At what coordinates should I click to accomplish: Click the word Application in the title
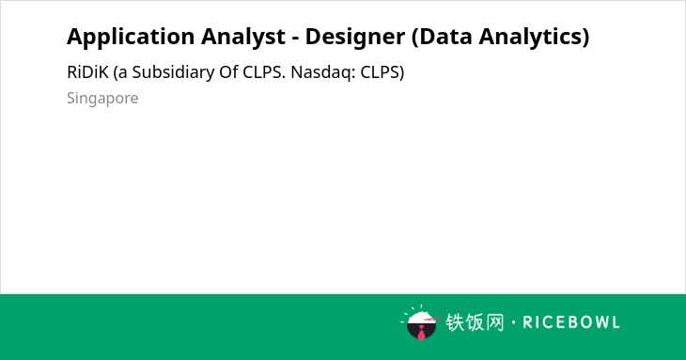(x=131, y=38)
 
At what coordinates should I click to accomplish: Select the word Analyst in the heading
(x=243, y=38)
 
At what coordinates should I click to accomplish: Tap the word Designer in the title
(x=355, y=37)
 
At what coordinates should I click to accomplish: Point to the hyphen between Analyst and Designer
(x=296, y=38)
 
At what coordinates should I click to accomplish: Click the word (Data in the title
(x=442, y=37)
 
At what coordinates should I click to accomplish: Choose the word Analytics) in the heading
(x=534, y=38)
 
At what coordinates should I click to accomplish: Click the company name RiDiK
(x=87, y=72)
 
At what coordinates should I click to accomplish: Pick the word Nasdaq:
(x=323, y=72)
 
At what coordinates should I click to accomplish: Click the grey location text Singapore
(x=102, y=99)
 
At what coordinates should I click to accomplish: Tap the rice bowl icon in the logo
(x=421, y=323)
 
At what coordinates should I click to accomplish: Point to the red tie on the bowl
(x=421, y=333)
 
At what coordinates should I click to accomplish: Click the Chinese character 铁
(x=455, y=322)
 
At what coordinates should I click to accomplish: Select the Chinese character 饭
(x=475, y=322)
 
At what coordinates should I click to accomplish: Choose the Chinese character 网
(x=495, y=322)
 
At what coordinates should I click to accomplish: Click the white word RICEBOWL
(x=571, y=322)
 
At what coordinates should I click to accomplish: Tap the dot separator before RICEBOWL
(x=513, y=322)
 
